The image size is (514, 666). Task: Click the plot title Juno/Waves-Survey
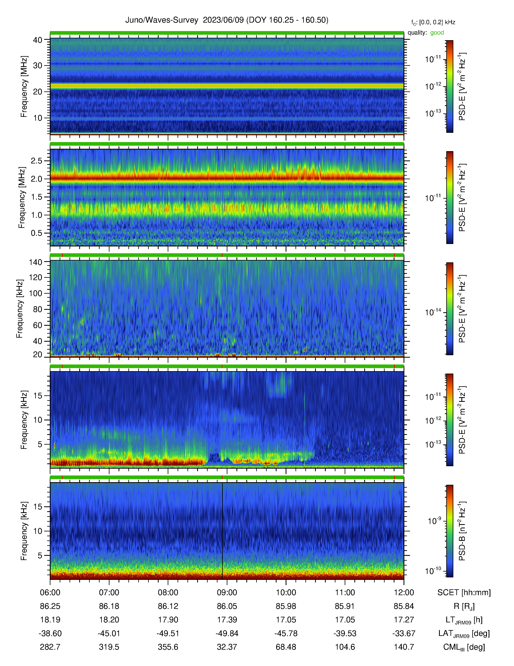[x=162, y=20]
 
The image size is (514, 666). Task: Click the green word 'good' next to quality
[x=437, y=33]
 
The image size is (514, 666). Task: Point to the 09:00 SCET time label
[x=227, y=593]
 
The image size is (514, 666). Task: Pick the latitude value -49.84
[x=227, y=633]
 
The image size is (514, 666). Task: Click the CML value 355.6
[x=168, y=647]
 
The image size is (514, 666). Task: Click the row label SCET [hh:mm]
[x=464, y=593]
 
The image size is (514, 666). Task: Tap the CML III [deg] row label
[x=464, y=647]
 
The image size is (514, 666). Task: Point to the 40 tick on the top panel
[x=38, y=40]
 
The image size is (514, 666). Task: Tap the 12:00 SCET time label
[x=404, y=593]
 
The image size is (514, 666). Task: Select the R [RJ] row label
[x=464, y=606]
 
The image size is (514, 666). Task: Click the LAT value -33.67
[x=404, y=633]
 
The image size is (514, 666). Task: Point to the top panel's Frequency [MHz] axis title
[x=24, y=87]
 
